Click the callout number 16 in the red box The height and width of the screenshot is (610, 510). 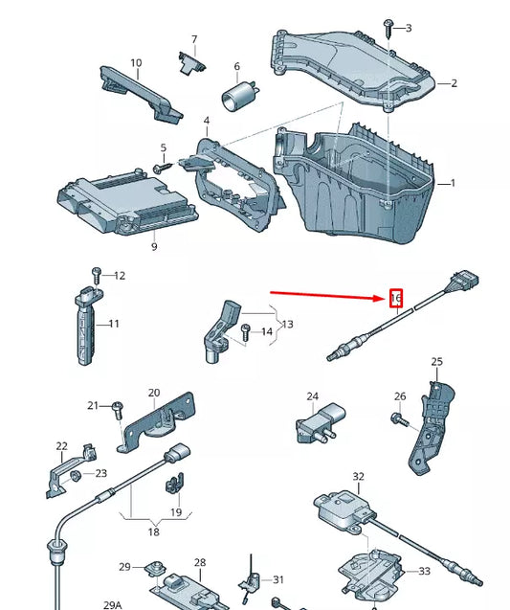tap(396, 298)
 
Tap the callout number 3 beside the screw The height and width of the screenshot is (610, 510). tap(409, 28)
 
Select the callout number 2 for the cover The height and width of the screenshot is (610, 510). tap(454, 83)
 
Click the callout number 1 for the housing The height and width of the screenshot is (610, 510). tap(454, 182)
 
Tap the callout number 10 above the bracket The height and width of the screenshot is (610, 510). tap(136, 63)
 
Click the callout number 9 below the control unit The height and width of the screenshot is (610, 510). tap(153, 247)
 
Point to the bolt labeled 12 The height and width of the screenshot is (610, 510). tap(96, 275)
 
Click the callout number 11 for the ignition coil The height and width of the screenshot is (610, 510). tap(114, 324)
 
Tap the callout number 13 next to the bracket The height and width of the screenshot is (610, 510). tap(287, 325)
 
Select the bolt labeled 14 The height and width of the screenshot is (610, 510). tap(245, 333)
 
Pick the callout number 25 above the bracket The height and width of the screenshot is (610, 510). tap(437, 362)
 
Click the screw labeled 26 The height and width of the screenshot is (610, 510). tap(396, 418)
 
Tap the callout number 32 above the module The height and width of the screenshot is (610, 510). tap(359, 476)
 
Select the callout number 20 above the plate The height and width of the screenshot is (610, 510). tap(154, 393)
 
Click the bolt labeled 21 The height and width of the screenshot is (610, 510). tap(116, 408)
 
